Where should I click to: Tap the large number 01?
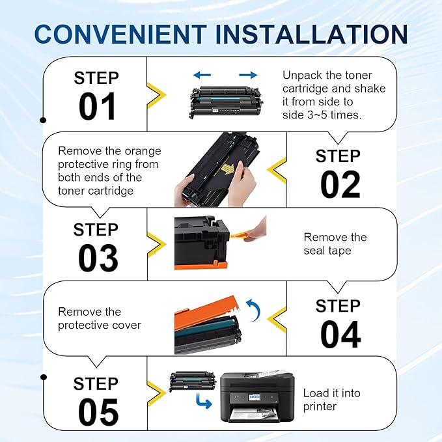[x=97, y=106]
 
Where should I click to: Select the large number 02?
[x=340, y=185]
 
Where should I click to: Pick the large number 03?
[x=98, y=258]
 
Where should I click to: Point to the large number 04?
[x=340, y=335]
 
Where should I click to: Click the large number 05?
[x=98, y=411]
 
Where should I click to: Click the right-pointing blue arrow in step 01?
[x=248, y=76]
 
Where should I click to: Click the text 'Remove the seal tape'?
[x=335, y=243]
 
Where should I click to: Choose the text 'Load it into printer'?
[x=331, y=400]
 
